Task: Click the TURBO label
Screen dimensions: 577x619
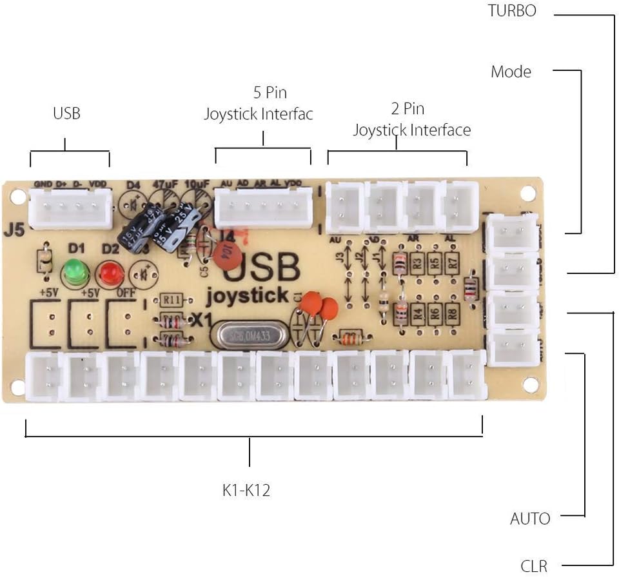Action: (512, 10)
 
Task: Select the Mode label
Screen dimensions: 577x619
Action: (511, 72)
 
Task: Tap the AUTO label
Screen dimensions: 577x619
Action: (530, 518)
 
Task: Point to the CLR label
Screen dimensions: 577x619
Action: (534, 567)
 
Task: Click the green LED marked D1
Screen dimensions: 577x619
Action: (75, 271)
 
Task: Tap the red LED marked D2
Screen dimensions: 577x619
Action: (110, 274)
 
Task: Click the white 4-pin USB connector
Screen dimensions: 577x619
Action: (70, 208)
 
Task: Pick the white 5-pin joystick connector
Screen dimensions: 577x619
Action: (263, 208)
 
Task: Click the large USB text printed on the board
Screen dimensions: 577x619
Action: (262, 268)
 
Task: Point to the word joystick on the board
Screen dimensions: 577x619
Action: (247, 297)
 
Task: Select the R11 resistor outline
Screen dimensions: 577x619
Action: (171, 300)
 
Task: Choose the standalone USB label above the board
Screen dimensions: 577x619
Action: (67, 114)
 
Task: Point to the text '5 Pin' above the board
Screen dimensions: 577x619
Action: (262, 93)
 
